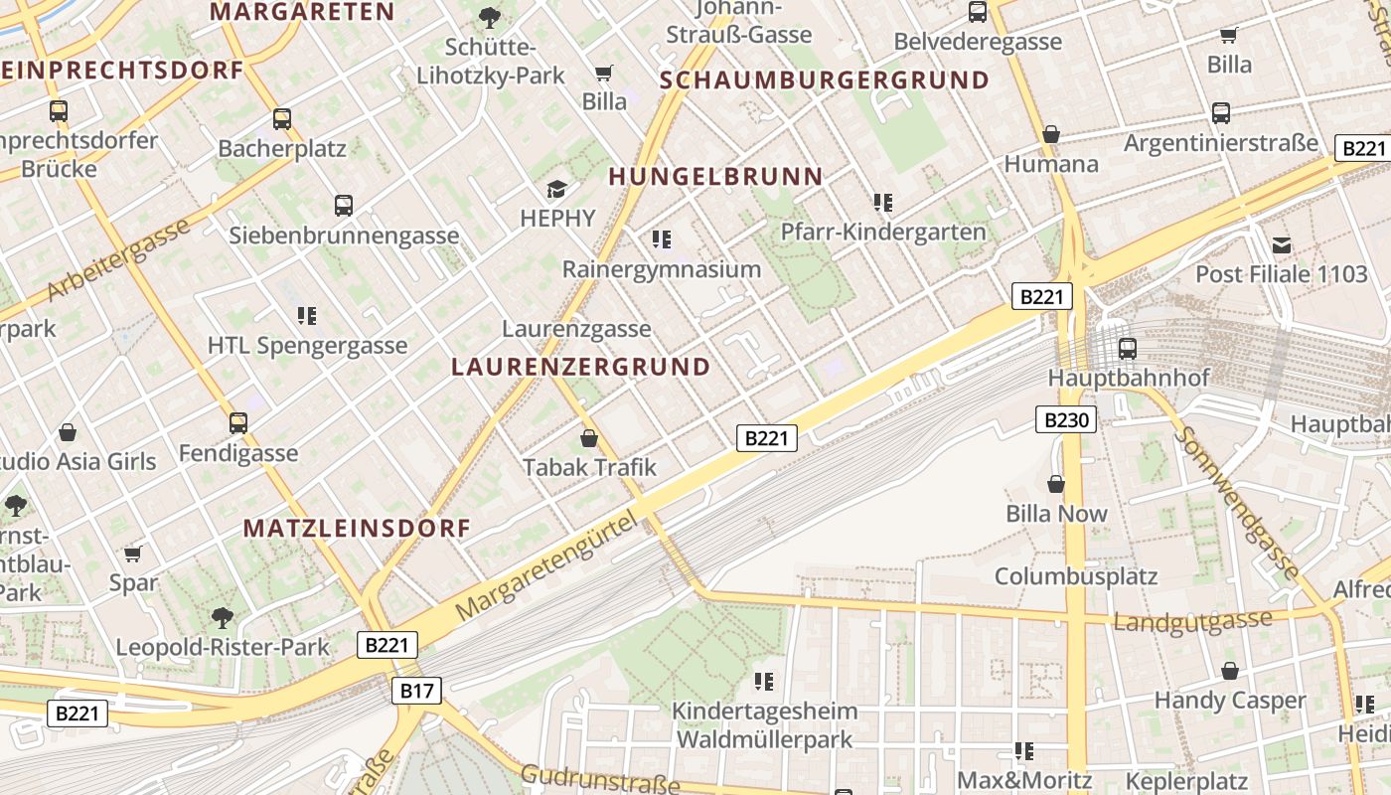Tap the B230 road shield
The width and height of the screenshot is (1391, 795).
[1065, 419]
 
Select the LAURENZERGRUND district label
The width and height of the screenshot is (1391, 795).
[581, 367]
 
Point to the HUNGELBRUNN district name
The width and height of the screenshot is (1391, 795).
[715, 177]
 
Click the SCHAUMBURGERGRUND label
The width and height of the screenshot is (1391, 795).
[825, 80]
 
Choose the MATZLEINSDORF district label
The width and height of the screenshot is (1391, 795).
[357, 528]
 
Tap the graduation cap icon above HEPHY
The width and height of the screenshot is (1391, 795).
[557, 189]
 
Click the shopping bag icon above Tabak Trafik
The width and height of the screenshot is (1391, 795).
[589, 437]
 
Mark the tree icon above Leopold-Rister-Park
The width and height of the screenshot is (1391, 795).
[223, 618]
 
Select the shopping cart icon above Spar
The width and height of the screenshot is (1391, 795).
[133, 553]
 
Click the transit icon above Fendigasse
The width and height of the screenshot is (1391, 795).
[238, 423]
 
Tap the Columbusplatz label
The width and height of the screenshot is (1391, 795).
[1076, 576]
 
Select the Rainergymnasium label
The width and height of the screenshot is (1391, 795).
[662, 268]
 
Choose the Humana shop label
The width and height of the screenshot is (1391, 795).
[1051, 164]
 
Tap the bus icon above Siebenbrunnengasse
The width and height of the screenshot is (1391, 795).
[344, 206]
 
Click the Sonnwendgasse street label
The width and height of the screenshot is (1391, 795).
[1238, 503]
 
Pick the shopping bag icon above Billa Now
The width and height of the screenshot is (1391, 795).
[1056, 484]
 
